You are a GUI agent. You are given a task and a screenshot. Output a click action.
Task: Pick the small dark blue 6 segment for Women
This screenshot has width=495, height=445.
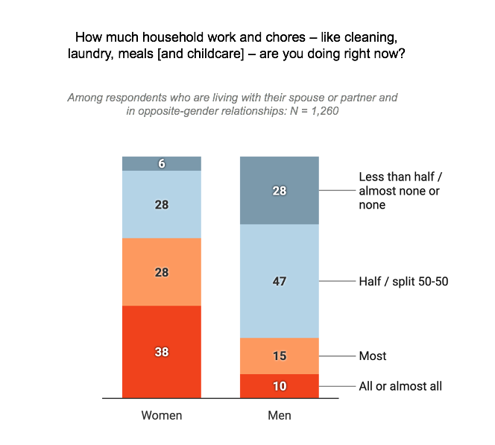(162, 164)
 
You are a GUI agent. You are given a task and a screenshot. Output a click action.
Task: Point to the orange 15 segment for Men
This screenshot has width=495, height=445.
(279, 356)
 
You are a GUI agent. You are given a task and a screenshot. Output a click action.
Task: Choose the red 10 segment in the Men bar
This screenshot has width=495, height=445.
(279, 386)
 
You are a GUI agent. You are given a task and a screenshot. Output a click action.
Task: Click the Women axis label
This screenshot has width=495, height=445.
(162, 415)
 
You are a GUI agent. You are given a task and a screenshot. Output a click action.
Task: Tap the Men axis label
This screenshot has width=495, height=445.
(279, 415)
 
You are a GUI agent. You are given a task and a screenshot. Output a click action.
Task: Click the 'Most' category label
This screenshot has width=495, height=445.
(373, 356)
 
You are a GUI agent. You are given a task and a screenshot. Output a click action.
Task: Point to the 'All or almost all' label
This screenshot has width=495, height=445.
(400, 386)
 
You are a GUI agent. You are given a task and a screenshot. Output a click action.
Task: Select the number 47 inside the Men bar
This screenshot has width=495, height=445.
(279, 281)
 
